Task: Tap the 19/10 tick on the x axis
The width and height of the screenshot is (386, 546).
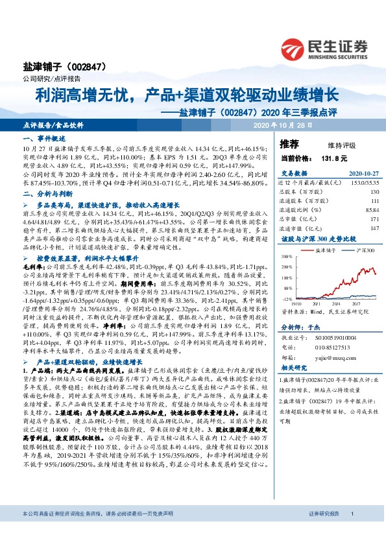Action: tap(298, 303)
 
